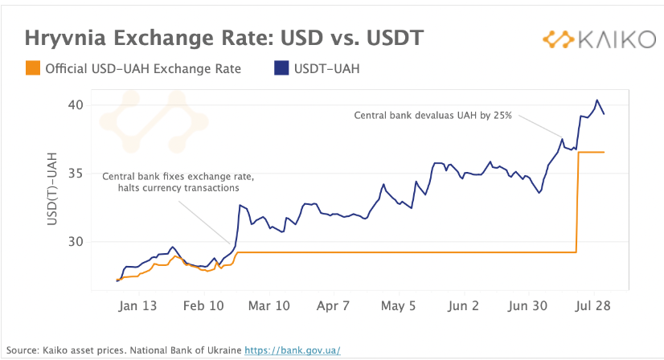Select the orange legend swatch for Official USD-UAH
[32, 68]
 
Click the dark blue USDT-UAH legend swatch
[281, 68]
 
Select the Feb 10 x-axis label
[203, 306]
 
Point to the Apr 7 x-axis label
[334, 306]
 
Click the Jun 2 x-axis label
[463, 306]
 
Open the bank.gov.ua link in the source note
[293, 350]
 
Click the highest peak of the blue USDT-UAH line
[596, 100]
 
